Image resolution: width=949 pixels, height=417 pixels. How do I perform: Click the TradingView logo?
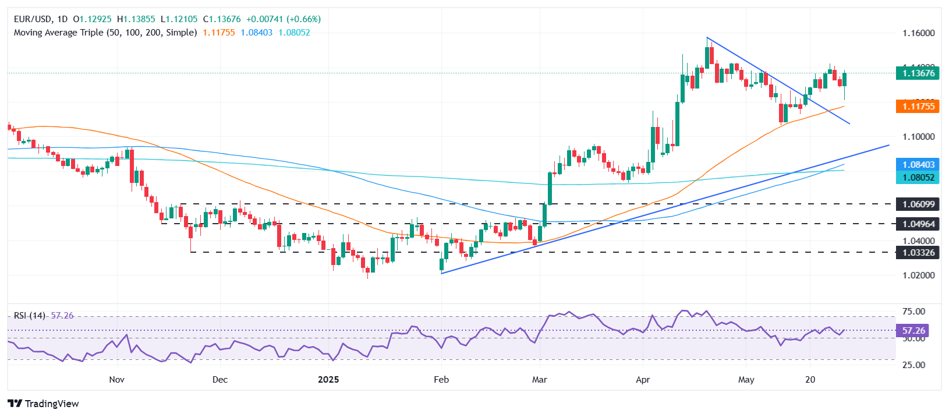click(44, 404)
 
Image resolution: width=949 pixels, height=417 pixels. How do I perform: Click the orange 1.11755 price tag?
click(918, 106)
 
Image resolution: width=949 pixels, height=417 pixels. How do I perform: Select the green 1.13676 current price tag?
click(918, 73)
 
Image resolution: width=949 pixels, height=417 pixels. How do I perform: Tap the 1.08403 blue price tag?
click(918, 165)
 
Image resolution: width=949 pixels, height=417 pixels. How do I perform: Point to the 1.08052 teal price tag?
click(918, 178)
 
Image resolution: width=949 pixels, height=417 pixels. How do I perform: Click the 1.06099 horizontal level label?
click(918, 204)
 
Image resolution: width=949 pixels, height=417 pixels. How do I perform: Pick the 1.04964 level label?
click(918, 224)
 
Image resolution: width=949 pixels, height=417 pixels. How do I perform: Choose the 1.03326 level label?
click(918, 253)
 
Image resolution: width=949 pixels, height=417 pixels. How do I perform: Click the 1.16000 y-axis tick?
click(918, 33)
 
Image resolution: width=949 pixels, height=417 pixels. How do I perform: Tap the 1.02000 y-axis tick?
click(918, 275)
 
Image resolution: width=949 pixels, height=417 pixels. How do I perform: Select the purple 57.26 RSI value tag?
click(913, 331)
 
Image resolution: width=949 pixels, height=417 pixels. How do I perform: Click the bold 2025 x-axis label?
click(328, 380)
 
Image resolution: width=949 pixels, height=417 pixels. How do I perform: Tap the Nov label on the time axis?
click(116, 380)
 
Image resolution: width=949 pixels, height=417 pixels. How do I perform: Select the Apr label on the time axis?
click(643, 380)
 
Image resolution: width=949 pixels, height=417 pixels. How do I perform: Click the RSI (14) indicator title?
click(30, 316)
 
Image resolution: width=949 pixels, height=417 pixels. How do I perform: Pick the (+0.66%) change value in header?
click(303, 19)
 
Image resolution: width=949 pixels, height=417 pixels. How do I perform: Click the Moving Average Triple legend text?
click(105, 33)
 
